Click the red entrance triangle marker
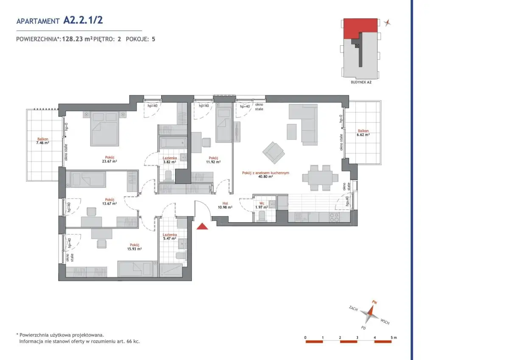click(202, 226)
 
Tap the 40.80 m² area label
click(266, 176)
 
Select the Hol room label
click(225, 203)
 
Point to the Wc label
click(262, 203)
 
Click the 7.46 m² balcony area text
click(42, 143)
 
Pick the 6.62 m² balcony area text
click(363, 135)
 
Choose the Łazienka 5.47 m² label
click(170, 237)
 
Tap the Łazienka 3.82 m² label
click(170, 160)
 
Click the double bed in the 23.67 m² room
click(104, 128)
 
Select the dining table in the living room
click(320, 178)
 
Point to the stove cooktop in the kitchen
click(335, 218)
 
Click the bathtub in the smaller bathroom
click(173, 143)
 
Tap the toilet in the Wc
click(262, 216)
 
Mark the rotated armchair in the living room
click(274, 153)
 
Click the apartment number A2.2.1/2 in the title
click(83, 20)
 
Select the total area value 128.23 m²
click(77, 39)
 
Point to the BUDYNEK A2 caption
click(361, 82)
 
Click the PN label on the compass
click(374, 302)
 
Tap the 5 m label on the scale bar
click(394, 338)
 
